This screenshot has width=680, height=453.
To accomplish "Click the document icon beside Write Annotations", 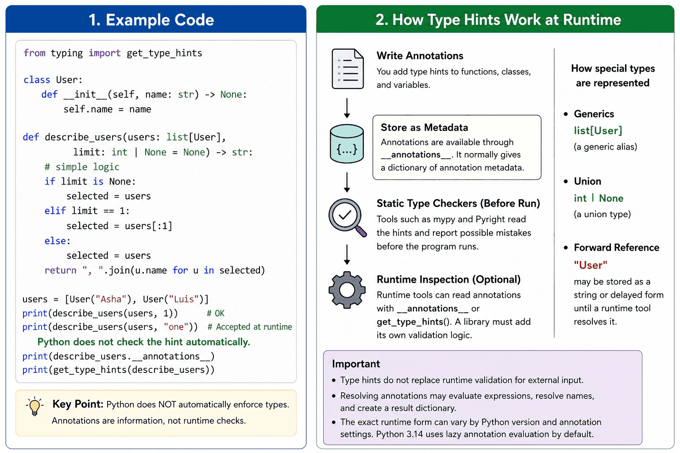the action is point(348,69).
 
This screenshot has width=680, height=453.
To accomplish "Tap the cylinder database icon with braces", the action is point(347,143).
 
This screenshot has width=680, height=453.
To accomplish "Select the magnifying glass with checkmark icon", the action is point(347,218).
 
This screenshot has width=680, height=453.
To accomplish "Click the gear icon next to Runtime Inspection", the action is point(347,290).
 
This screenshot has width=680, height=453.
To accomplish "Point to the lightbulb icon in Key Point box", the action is point(35,406).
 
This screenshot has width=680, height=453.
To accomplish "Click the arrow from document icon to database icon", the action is point(347,108).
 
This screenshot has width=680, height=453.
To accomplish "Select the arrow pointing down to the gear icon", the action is point(347,254).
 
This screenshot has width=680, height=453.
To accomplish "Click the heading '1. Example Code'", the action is point(151,20).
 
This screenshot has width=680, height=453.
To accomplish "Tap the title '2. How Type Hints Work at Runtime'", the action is point(498,20).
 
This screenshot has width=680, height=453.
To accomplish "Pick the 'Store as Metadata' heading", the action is point(424,127).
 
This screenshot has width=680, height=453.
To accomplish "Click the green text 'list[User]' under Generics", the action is point(598,131).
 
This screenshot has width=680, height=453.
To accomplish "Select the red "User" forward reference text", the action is point(591,265).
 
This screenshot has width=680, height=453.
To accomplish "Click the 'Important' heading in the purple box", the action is point(356,364).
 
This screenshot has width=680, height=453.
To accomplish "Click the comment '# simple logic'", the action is point(82,167).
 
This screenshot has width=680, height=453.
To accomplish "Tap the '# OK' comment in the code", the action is point(216,314).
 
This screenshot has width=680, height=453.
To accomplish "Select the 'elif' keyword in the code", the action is point(55,211).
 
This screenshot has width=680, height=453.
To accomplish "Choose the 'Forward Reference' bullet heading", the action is point(616,248).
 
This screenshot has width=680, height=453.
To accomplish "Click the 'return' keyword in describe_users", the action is point(60,270).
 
